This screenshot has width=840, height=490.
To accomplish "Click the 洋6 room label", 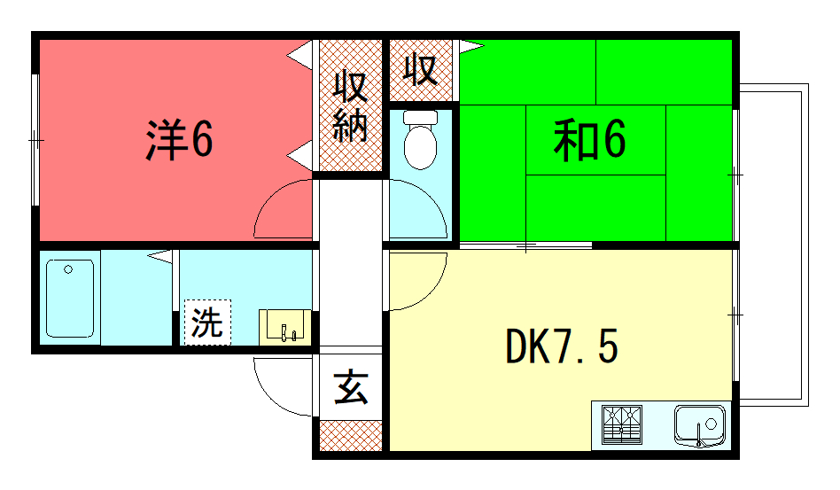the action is (x=180, y=139).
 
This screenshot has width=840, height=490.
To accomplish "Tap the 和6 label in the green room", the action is (x=589, y=140).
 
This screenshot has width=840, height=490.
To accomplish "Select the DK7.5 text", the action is (x=562, y=346).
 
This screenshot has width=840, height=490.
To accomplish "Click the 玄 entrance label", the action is (x=351, y=387).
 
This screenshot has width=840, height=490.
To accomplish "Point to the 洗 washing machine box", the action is (x=208, y=323).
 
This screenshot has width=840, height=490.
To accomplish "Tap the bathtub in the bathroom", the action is (x=70, y=299).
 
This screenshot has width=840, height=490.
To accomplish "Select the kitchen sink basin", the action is (x=700, y=425).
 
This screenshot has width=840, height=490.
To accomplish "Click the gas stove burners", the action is (x=622, y=425).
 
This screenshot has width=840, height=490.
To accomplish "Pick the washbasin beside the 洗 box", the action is (x=285, y=327).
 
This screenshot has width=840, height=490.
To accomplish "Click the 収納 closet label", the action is (x=350, y=106).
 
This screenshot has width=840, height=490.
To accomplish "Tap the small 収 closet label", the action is (x=421, y=70).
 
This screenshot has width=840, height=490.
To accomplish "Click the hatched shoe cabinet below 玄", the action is (x=351, y=435).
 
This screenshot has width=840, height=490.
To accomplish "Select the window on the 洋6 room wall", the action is (x=35, y=140).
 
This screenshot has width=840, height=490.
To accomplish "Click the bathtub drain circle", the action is (x=68, y=269).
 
